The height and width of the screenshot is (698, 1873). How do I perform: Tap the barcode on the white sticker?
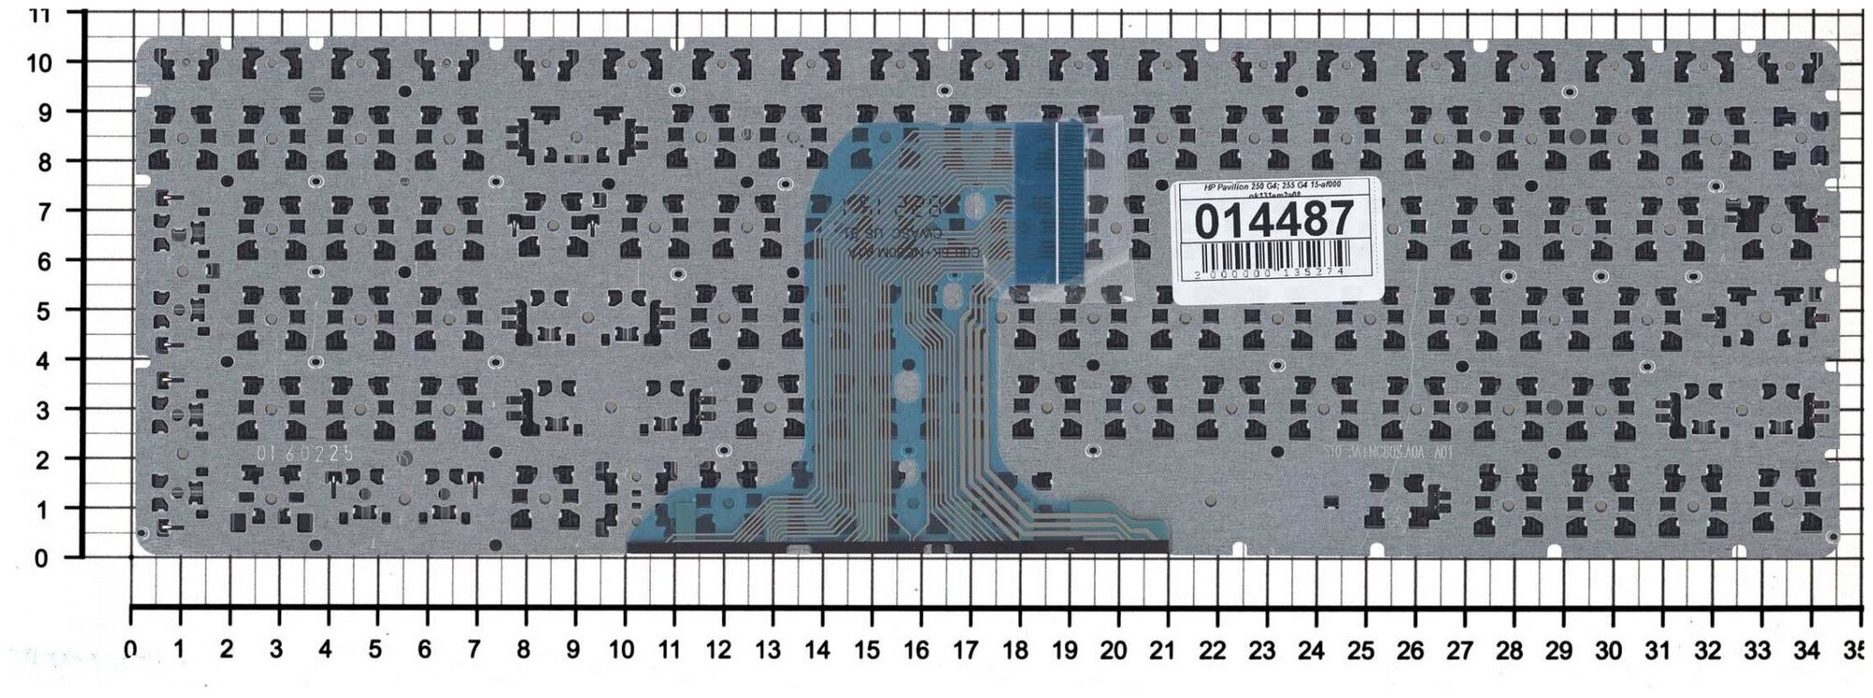click(1276, 255)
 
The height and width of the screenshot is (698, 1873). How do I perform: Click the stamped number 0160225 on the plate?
click(305, 453)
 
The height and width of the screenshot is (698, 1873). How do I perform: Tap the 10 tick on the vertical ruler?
click(40, 62)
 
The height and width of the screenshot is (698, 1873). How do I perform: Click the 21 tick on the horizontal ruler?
click(1162, 648)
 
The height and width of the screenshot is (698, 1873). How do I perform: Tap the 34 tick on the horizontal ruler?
click(1804, 648)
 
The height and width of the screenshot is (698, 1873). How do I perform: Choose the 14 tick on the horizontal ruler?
click(819, 648)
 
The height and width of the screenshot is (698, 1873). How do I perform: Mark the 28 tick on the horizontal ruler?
click(1508, 648)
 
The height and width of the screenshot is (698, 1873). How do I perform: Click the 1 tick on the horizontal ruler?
click(179, 648)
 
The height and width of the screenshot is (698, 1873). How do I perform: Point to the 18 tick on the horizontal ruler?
click(1015, 648)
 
